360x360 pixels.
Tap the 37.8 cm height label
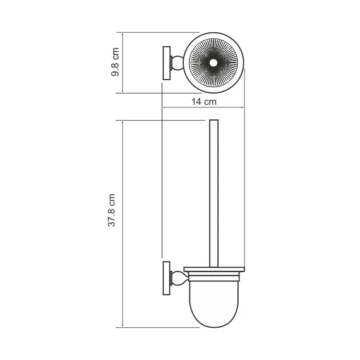pyautogui.click(x=112, y=210)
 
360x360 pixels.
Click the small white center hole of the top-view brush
pyautogui.click(x=215, y=63)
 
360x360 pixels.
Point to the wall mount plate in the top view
pyautogui.click(x=167, y=63)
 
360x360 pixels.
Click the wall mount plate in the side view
pyautogui.click(x=167, y=278)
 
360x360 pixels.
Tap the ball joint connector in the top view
pyautogui.click(x=180, y=63)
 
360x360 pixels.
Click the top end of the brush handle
pyautogui.click(x=213, y=121)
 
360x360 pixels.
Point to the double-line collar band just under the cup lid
pyautogui.click(x=213, y=276)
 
